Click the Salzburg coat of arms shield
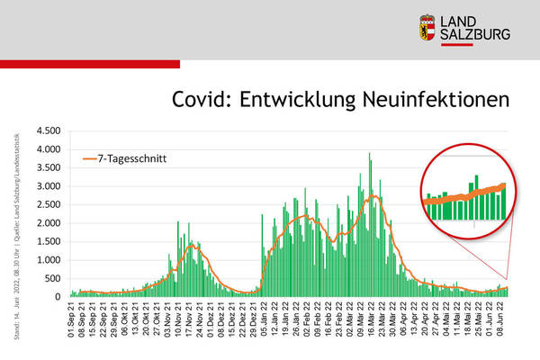(x=430, y=28)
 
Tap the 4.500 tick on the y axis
(x=48, y=131)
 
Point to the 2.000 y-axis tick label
(x=48, y=223)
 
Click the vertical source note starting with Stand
(x=16, y=233)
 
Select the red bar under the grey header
(x=90, y=65)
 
